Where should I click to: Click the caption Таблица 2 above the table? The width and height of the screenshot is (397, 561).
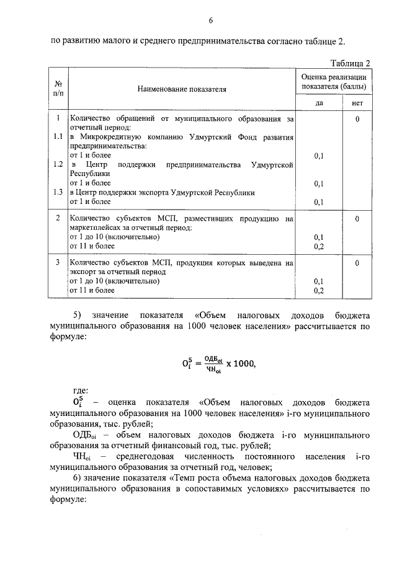pyautogui.click(x=350, y=63)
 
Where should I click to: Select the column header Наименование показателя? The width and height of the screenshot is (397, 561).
pyautogui.click(x=182, y=89)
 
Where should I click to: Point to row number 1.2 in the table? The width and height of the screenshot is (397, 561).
pyautogui.click(x=58, y=164)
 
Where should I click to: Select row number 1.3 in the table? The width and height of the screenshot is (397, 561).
pyautogui.click(x=58, y=192)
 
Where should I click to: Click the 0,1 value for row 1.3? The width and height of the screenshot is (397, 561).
pyautogui.click(x=319, y=202)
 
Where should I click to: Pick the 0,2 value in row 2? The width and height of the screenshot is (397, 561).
pyautogui.click(x=319, y=247)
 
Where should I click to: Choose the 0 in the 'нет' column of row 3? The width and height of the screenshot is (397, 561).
pyautogui.click(x=358, y=263)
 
